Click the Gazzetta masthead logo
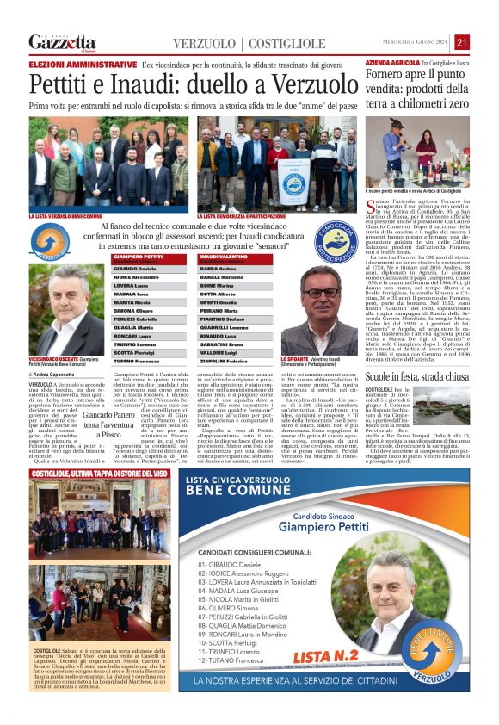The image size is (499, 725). [x=62, y=42]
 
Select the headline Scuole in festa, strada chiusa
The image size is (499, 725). [x=416, y=378]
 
